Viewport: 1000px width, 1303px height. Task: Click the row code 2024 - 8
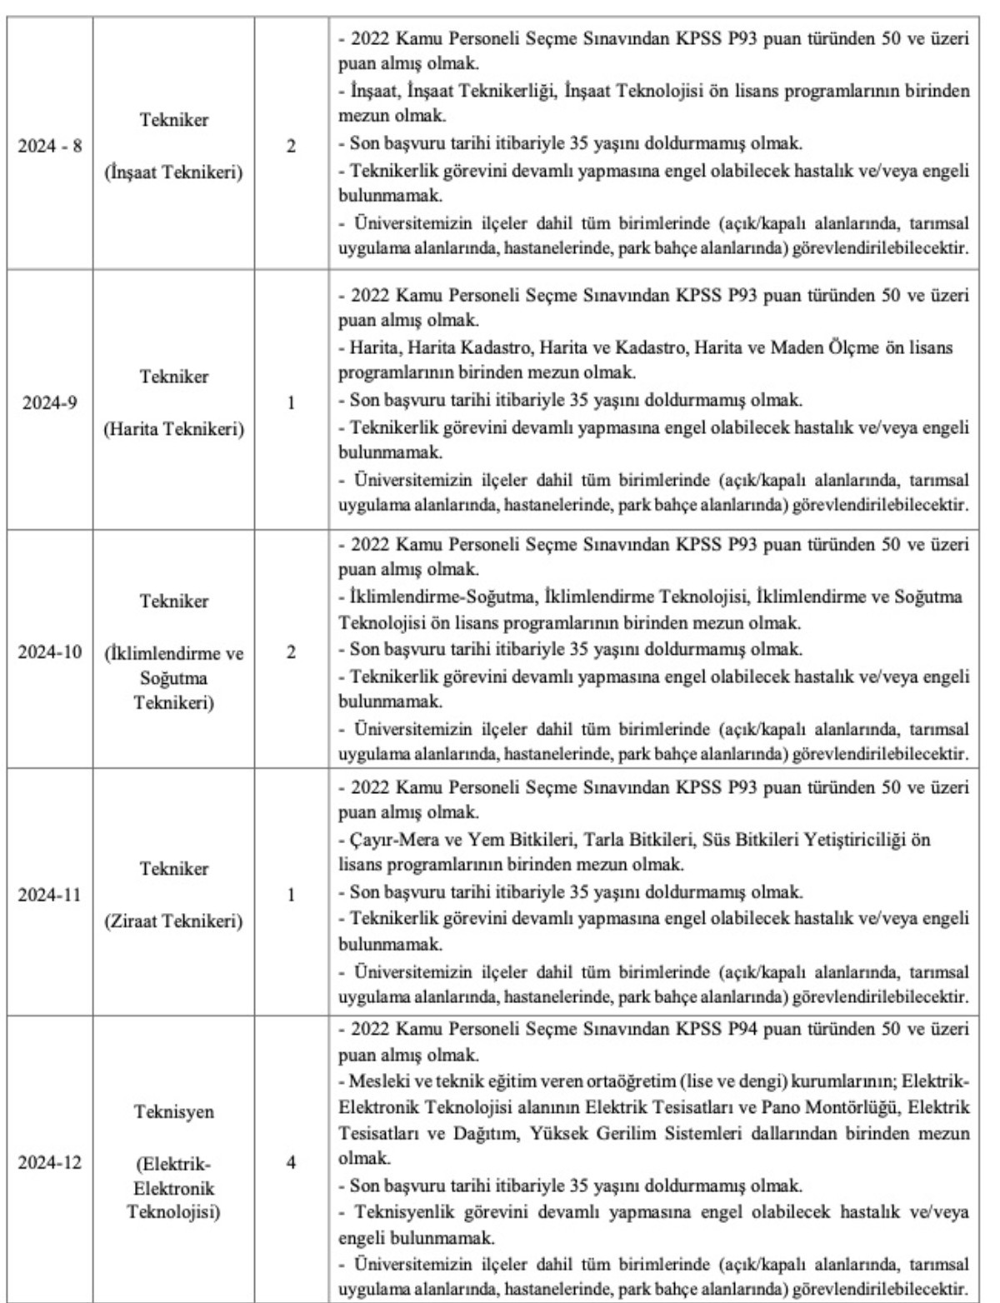click(50, 146)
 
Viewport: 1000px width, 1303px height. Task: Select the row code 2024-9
click(50, 402)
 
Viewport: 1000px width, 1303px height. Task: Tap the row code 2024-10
click(50, 651)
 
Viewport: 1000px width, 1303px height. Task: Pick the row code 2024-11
click(50, 895)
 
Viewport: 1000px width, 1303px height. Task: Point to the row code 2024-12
click(50, 1161)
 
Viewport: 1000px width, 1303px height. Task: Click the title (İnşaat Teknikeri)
click(174, 173)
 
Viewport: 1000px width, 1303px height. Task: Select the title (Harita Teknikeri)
click(174, 429)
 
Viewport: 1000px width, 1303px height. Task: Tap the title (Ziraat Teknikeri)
click(174, 921)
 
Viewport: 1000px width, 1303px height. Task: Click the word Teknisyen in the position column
click(174, 1112)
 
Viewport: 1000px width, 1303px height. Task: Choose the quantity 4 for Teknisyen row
click(292, 1161)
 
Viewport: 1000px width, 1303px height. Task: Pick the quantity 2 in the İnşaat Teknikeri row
click(292, 146)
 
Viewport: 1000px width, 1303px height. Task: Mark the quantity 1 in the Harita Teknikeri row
click(292, 402)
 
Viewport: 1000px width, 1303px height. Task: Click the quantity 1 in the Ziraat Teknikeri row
click(292, 895)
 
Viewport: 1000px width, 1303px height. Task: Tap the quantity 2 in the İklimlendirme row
click(292, 651)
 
